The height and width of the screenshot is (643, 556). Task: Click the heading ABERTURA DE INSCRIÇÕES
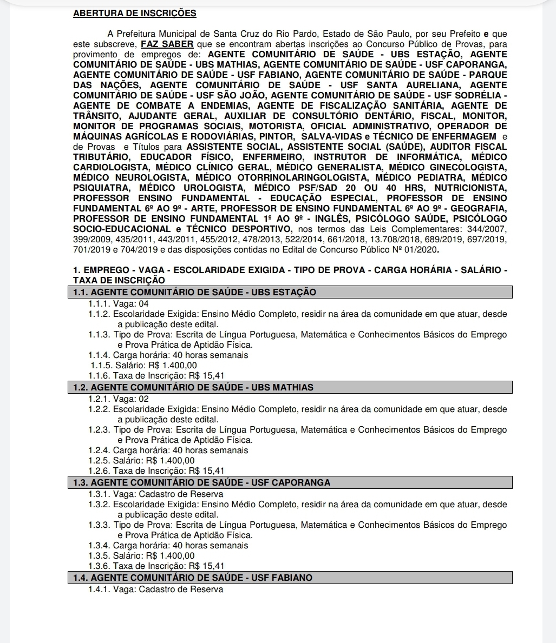tap(135, 14)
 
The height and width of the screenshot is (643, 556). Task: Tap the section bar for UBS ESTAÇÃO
tap(292, 293)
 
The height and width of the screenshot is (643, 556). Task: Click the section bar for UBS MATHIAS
tap(292, 388)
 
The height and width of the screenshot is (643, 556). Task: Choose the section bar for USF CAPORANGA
tap(292, 483)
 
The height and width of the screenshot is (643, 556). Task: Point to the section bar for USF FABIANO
tap(292, 578)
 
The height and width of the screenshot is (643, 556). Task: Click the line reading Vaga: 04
tap(119, 304)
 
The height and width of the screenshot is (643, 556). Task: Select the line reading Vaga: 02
tap(119, 399)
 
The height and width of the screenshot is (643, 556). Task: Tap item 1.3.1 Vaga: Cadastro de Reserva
tap(156, 494)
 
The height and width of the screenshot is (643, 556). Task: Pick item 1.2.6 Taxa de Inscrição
tap(156, 471)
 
